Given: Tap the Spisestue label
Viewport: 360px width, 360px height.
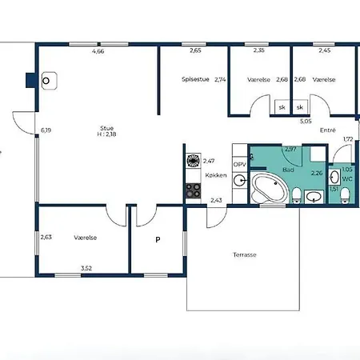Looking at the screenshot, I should coord(195,79).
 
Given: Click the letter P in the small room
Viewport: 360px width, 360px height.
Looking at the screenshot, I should coord(157,238).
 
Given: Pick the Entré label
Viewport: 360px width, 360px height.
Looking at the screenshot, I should coord(327,130).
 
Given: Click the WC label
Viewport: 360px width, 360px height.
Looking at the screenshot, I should coord(346,178).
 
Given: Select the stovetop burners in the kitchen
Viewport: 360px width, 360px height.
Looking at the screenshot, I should coord(193,190).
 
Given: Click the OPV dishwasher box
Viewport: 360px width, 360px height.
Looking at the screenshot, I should coord(239,163).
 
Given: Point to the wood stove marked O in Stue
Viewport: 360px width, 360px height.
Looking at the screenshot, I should coord(47,81).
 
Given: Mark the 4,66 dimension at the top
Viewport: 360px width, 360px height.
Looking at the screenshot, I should coord(98,51).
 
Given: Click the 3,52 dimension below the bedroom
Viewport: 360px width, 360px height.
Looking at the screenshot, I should coord(86,269).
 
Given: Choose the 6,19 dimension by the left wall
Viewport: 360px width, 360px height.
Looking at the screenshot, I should coord(46,130).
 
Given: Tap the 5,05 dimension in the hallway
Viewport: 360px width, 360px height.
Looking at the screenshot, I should coord(306,122).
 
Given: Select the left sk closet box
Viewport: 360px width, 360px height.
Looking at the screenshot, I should coord(282,106).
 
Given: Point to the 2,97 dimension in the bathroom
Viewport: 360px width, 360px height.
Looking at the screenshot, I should coord(290,150).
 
